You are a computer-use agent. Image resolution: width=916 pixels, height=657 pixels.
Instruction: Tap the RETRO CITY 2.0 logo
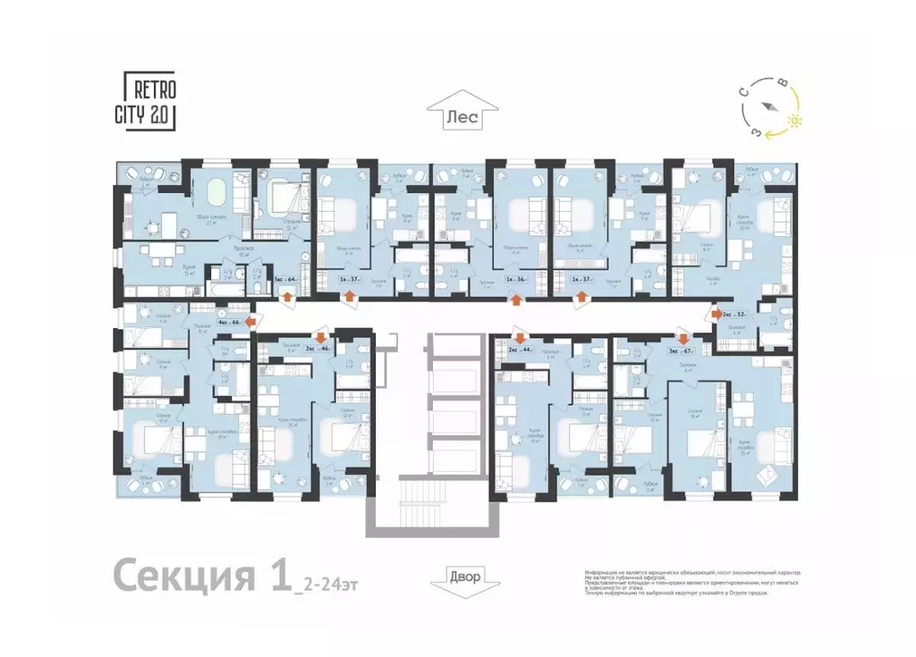(151, 101)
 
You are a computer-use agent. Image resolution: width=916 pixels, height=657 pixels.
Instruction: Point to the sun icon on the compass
(794, 121)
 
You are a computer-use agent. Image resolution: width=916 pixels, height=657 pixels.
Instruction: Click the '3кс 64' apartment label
(285, 280)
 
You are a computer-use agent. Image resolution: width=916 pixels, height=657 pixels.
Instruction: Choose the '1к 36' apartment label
(515, 280)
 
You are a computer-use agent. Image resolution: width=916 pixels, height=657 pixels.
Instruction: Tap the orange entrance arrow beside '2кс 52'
(717, 314)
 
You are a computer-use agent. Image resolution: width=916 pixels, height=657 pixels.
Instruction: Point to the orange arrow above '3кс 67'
(683, 338)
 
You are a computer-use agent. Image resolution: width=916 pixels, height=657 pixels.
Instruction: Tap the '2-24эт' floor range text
(326, 583)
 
